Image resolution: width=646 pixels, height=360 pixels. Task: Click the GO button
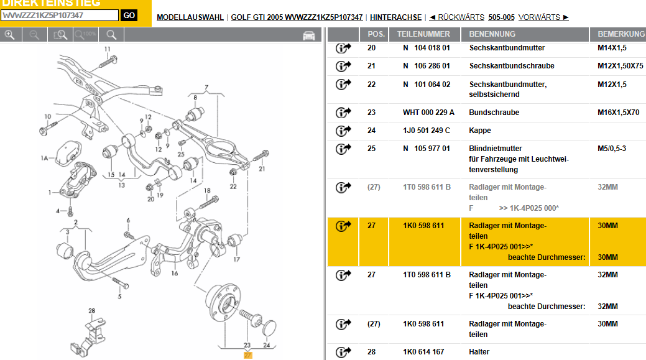[x=129, y=16]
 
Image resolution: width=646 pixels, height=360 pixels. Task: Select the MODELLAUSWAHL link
[x=190, y=17]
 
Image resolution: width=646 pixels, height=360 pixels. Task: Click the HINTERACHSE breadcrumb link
[x=395, y=17]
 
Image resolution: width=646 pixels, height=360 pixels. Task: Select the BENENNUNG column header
[x=492, y=34]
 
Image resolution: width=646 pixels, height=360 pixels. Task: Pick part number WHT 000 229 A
[x=428, y=113]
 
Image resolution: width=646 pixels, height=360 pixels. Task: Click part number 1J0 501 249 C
[x=427, y=131]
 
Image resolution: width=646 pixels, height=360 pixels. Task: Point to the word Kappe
[x=480, y=131]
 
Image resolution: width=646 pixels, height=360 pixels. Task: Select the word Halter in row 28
[x=479, y=352]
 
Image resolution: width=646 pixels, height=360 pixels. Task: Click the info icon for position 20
[x=343, y=48]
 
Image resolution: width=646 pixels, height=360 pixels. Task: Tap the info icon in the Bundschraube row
[x=343, y=113]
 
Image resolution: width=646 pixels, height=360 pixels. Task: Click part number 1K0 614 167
[x=423, y=352]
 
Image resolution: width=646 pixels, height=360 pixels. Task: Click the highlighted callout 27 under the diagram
[x=247, y=356]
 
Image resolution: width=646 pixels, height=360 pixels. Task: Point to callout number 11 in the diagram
[x=107, y=48]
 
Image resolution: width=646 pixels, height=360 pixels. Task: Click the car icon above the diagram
[x=309, y=35]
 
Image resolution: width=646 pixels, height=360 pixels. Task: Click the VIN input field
[x=60, y=16]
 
